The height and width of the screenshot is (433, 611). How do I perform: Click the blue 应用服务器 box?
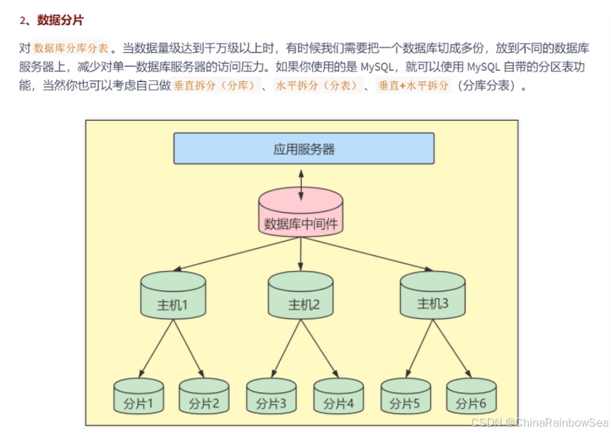[x=304, y=148]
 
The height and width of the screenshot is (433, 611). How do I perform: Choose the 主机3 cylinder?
[x=432, y=295]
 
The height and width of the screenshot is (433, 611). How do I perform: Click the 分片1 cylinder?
[x=139, y=397]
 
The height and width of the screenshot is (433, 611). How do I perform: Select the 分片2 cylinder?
[x=203, y=397]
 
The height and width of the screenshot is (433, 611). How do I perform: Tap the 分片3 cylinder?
[x=271, y=397]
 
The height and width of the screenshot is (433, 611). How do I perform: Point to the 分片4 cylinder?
[x=337, y=397]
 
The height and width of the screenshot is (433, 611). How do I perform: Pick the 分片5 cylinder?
[x=405, y=397]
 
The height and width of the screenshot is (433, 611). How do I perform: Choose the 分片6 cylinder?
[x=471, y=397]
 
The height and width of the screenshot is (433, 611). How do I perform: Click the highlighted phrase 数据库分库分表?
[x=71, y=48]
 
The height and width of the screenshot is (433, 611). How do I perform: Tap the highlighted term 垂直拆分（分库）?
[x=214, y=86]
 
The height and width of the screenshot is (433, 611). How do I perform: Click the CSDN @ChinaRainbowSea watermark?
[x=539, y=422]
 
